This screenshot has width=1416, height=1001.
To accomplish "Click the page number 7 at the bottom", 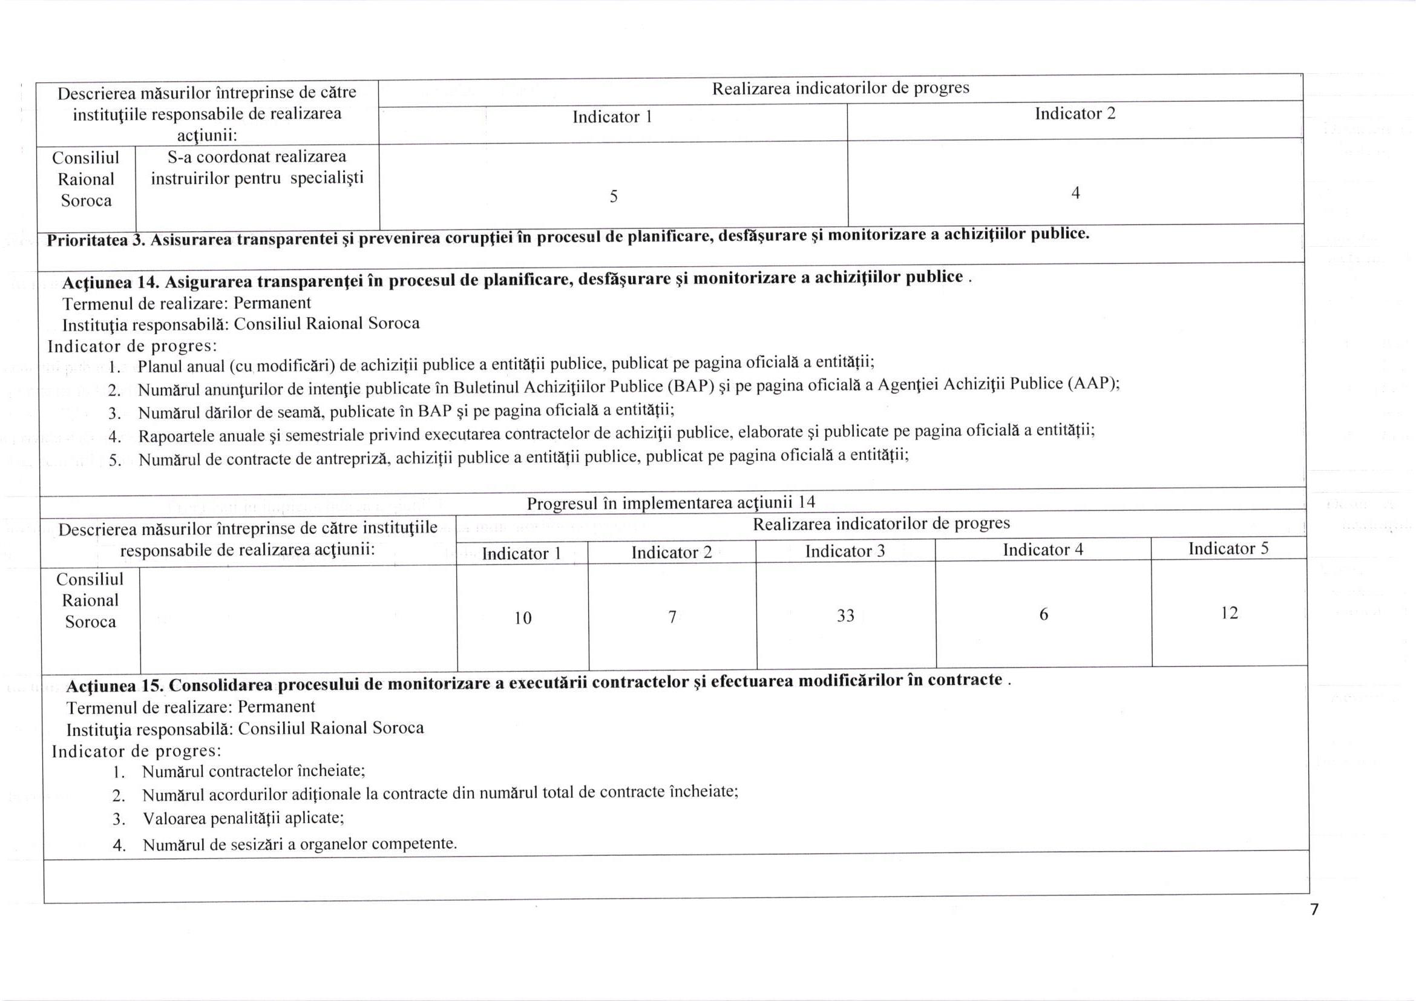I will (1314, 909).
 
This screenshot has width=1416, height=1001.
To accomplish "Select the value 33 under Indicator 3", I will (845, 615).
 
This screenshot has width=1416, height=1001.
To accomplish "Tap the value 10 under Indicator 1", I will (523, 618).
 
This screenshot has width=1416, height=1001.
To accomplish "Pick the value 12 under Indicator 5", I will (1229, 613).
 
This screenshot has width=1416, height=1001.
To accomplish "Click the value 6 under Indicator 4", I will (1043, 614).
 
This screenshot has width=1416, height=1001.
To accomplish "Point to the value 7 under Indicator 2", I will (672, 617).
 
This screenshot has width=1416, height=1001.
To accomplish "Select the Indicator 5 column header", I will (1228, 548).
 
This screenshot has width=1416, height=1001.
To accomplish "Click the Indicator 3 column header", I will (845, 551).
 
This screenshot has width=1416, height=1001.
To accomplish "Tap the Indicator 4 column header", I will (1043, 550).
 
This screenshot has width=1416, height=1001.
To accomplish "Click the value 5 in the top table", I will (614, 196).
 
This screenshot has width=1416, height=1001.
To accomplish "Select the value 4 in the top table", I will (1075, 193).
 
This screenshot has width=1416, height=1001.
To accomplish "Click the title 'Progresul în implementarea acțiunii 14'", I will (670, 503).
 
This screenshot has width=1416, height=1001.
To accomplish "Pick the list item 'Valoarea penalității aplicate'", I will (243, 818).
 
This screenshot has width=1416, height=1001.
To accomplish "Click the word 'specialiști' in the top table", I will (327, 179).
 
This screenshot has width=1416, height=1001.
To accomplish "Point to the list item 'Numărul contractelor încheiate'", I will (254, 771).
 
